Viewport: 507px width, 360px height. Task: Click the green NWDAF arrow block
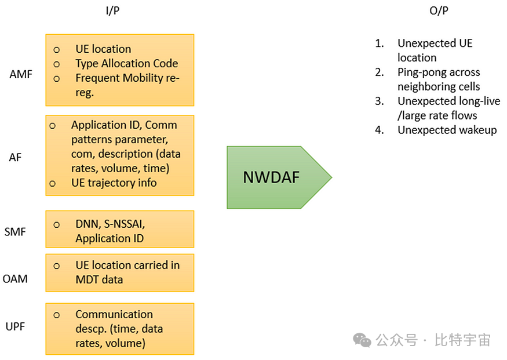click(x=272, y=177)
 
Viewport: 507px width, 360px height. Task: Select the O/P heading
click(x=439, y=11)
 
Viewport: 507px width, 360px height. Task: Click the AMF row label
click(x=21, y=75)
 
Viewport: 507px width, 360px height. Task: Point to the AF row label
click(x=15, y=157)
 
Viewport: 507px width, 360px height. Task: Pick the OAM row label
click(x=15, y=279)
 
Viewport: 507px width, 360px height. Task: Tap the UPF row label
click(x=16, y=326)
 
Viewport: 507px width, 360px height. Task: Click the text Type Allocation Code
click(x=126, y=63)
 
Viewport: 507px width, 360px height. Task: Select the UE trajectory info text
click(x=114, y=183)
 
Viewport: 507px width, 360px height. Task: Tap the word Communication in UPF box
click(x=114, y=314)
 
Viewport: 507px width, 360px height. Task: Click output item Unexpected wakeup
click(x=447, y=130)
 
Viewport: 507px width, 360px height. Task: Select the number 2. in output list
click(x=380, y=72)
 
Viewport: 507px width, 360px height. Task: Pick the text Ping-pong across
click(x=439, y=72)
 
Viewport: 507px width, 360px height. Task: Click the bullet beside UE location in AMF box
click(x=57, y=50)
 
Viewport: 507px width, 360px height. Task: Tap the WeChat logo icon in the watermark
click(x=363, y=340)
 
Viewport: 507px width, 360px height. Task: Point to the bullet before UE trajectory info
click(x=52, y=183)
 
